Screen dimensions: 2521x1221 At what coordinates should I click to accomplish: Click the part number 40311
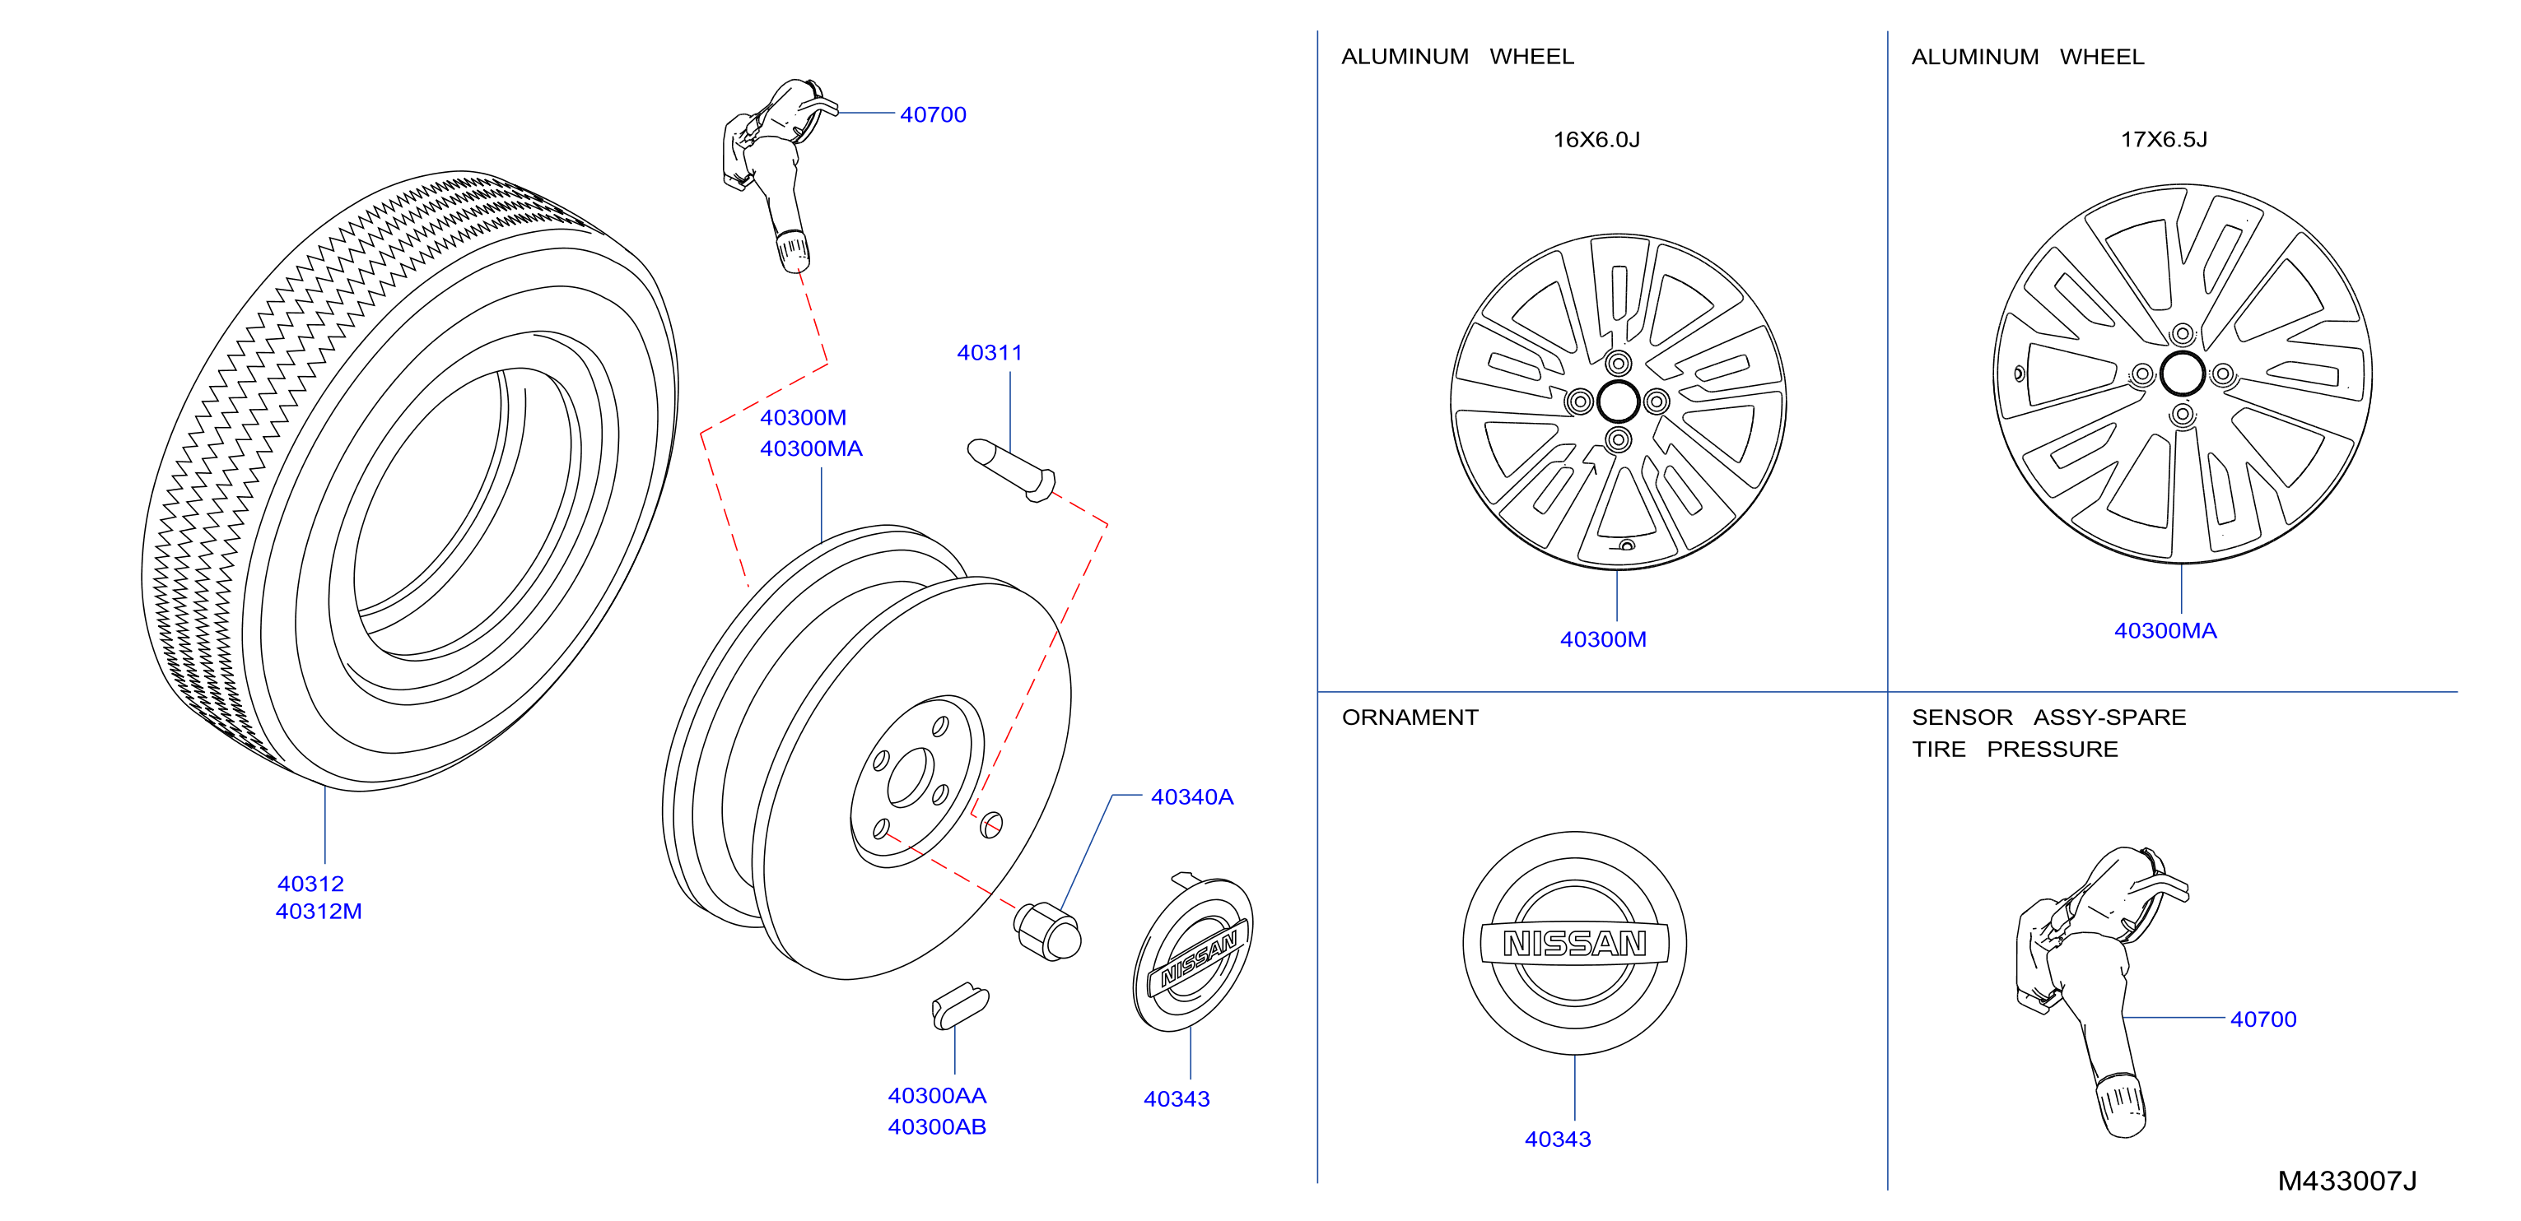(x=990, y=352)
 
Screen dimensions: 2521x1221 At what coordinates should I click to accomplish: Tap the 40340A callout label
(x=1192, y=796)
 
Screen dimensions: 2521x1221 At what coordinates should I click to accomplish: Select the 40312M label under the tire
(x=319, y=911)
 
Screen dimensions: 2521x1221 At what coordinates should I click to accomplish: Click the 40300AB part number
(x=937, y=1126)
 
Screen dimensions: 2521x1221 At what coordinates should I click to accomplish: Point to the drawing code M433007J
(x=2346, y=1180)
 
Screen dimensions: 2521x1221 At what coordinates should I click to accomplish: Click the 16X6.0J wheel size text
(x=1596, y=139)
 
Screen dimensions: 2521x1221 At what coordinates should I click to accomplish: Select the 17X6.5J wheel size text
(x=2164, y=139)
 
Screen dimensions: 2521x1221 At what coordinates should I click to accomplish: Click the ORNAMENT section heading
(x=1410, y=717)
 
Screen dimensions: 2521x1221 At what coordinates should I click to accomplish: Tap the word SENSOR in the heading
(x=1962, y=717)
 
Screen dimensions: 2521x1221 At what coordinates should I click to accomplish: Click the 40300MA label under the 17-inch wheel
(x=2165, y=630)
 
